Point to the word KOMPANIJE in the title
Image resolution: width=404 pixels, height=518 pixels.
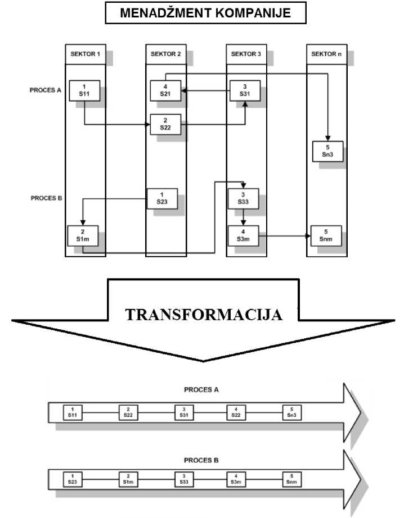click(x=252, y=13)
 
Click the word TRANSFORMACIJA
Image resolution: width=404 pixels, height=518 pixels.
click(x=203, y=314)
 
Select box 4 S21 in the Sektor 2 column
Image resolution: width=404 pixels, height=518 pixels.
click(x=165, y=90)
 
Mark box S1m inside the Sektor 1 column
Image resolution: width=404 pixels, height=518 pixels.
click(x=82, y=235)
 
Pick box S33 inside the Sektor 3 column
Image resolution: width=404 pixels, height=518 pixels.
click(x=243, y=197)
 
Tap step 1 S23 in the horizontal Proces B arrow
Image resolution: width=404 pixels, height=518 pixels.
click(x=72, y=479)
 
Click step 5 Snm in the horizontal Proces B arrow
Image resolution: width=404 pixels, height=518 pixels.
click(x=291, y=479)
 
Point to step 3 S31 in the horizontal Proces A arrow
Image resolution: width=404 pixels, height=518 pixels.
click(x=182, y=412)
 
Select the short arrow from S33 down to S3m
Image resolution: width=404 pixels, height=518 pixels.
click(x=243, y=216)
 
